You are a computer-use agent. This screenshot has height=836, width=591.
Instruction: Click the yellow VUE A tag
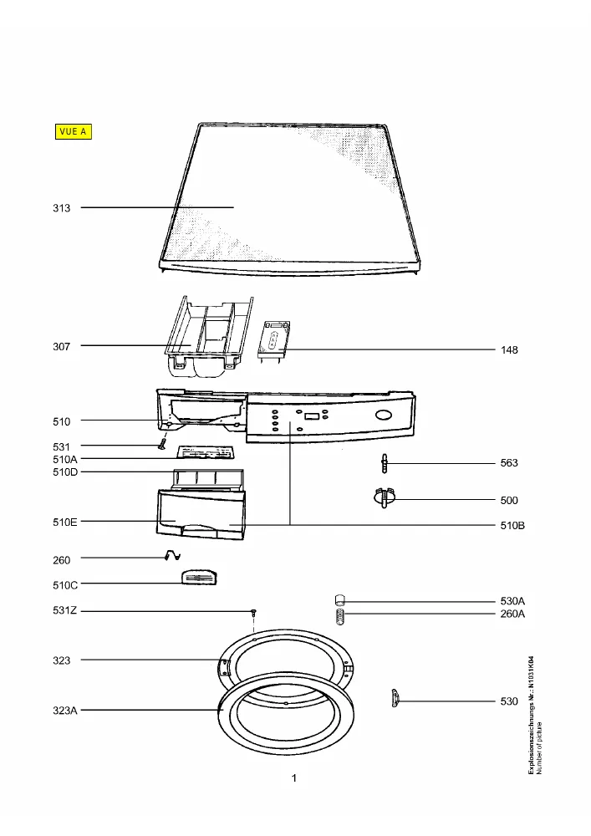point(74,131)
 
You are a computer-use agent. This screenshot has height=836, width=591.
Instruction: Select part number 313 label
point(61,208)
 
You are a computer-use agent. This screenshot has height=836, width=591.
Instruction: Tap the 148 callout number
point(509,349)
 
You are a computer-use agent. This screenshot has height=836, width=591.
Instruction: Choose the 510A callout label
point(65,459)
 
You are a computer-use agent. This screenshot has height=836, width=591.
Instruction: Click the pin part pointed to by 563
point(385,463)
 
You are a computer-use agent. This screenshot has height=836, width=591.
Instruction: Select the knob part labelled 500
point(385,498)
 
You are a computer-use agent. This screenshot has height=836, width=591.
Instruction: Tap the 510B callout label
point(512,525)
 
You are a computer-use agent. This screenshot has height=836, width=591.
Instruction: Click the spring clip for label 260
point(173,556)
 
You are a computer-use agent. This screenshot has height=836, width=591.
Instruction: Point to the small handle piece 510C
point(199,577)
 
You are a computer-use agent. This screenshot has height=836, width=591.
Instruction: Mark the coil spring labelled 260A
point(340,618)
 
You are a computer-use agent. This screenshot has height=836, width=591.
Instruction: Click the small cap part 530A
point(340,600)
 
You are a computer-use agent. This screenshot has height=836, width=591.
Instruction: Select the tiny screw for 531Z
point(254,613)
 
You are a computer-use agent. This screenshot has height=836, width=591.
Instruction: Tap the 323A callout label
point(65,710)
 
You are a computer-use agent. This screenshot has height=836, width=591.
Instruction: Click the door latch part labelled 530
point(395,698)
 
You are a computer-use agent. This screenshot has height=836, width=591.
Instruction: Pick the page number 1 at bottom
point(294,777)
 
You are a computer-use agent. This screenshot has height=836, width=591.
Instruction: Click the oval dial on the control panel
point(384,415)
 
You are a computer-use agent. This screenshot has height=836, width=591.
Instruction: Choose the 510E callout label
point(65,522)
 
